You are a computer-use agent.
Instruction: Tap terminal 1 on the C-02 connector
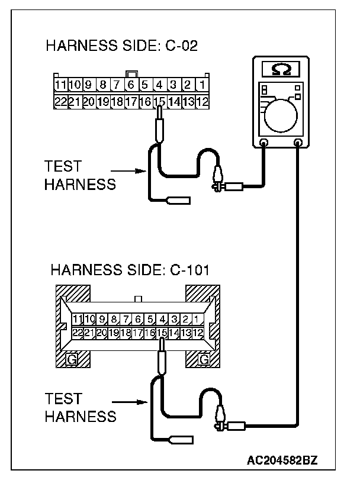coord(202,85)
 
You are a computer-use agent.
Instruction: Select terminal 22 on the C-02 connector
coord(60,102)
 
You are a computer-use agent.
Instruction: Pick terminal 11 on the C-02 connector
coord(60,85)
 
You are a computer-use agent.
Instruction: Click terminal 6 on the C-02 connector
coord(131,85)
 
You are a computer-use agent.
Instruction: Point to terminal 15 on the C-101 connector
coord(162,333)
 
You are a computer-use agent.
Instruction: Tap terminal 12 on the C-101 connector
coord(198,333)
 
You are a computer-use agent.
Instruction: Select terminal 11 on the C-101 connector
coord(78,320)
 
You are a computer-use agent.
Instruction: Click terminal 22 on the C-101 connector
coord(78,333)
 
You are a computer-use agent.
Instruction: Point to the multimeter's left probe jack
coord(263,143)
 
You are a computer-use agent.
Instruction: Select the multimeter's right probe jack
coord(297,143)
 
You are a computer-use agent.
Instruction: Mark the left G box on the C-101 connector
coord(71,359)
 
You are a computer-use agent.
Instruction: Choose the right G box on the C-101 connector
coord(204,359)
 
